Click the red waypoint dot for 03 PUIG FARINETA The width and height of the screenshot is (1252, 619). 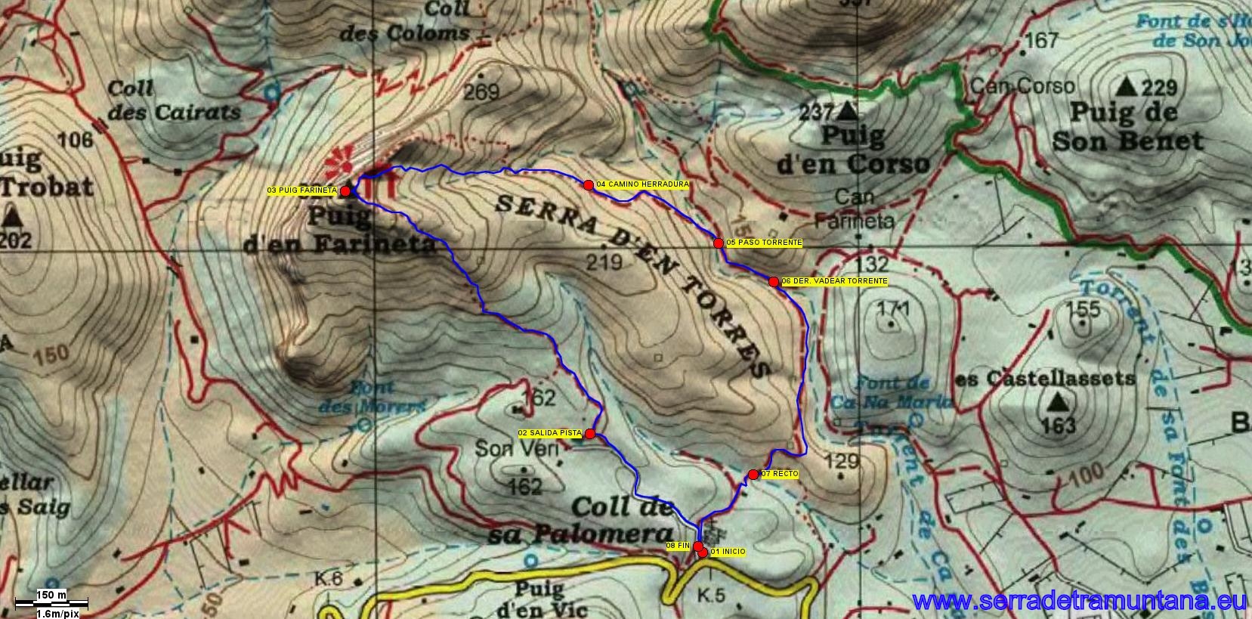tap(345, 191)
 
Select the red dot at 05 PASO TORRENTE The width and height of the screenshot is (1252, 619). tap(718, 243)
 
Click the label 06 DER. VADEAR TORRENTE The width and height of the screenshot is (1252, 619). tap(834, 281)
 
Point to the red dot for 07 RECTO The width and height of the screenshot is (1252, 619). tap(753, 475)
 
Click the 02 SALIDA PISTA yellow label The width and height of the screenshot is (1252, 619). tap(550, 433)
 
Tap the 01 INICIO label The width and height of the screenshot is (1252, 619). tap(728, 552)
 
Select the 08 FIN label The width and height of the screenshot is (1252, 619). tap(678, 545)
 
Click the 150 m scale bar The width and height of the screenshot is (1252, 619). tap(52, 603)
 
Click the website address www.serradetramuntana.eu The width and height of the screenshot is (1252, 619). tap(1080, 602)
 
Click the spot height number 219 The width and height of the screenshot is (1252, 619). tap(604, 262)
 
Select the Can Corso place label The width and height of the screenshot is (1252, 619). tap(1022, 85)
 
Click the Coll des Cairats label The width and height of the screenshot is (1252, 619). tap(174, 101)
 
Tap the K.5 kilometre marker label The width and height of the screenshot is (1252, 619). tap(711, 596)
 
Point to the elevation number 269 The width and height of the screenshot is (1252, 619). tap(481, 92)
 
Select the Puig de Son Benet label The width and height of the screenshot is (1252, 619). tap(1126, 127)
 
